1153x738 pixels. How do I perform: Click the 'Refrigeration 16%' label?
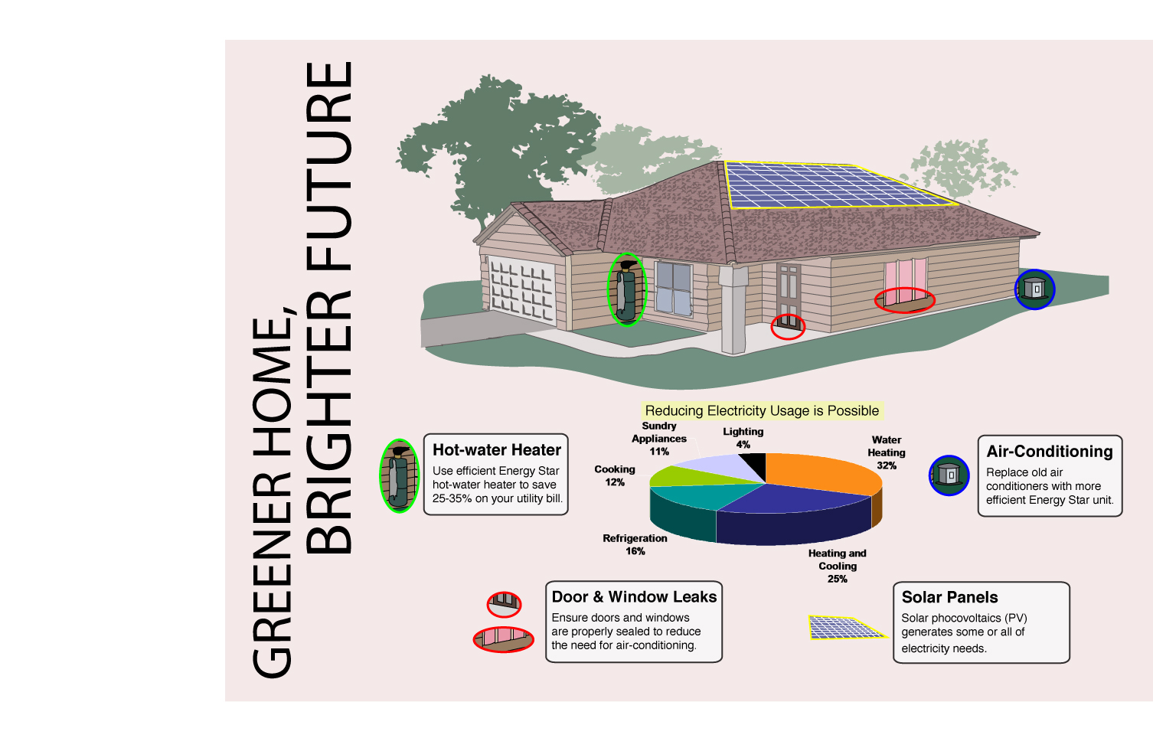pos(635,544)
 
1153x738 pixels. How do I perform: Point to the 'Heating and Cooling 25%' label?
pos(837,566)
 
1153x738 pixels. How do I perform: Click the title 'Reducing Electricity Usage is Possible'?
pos(762,411)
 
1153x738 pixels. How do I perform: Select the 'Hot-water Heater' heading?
pos(497,450)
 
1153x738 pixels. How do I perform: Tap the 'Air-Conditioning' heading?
pos(1049,452)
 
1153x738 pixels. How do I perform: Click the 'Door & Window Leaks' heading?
pos(634,597)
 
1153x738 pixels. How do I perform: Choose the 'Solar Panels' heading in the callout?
pos(949,597)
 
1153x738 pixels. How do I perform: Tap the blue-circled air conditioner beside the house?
pos(1035,289)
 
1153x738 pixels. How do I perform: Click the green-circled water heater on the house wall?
pos(626,289)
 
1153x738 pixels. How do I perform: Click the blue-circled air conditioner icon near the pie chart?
pos(949,475)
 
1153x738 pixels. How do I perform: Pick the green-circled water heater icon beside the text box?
pos(399,475)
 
